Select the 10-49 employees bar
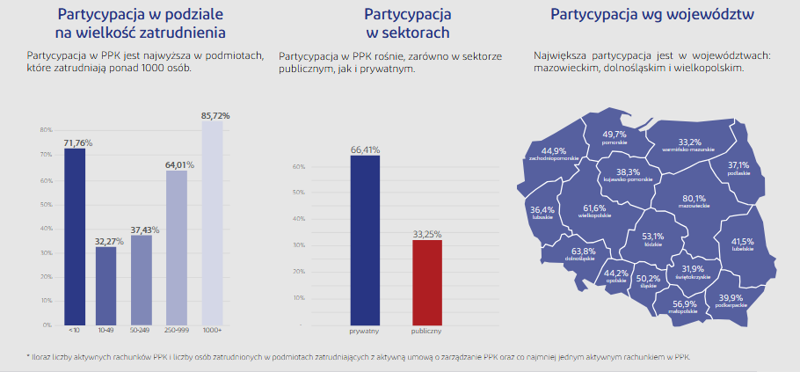pyautogui.click(x=106, y=285)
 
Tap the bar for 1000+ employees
pyautogui.click(x=212, y=223)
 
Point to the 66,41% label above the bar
pyautogui.click(x=365, y=150)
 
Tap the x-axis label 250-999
pyautogui.click(x=176, y=332)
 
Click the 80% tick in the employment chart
pyautogui.click(x=46, y=130)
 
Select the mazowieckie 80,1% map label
pyautogui.click(x=694, y=201)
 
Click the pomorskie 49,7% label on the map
pyautogui.click(x=615, y=136)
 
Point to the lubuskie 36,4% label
pyautogui.click(x=542, y=212)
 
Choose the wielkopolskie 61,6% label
pyautogui.click(x=595, y=210)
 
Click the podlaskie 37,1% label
pyautogui.click(x=738, y=167)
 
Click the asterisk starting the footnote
pyautogui.click(x=28, y=356)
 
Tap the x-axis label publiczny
pyautogui.click(x=426, y=332)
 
